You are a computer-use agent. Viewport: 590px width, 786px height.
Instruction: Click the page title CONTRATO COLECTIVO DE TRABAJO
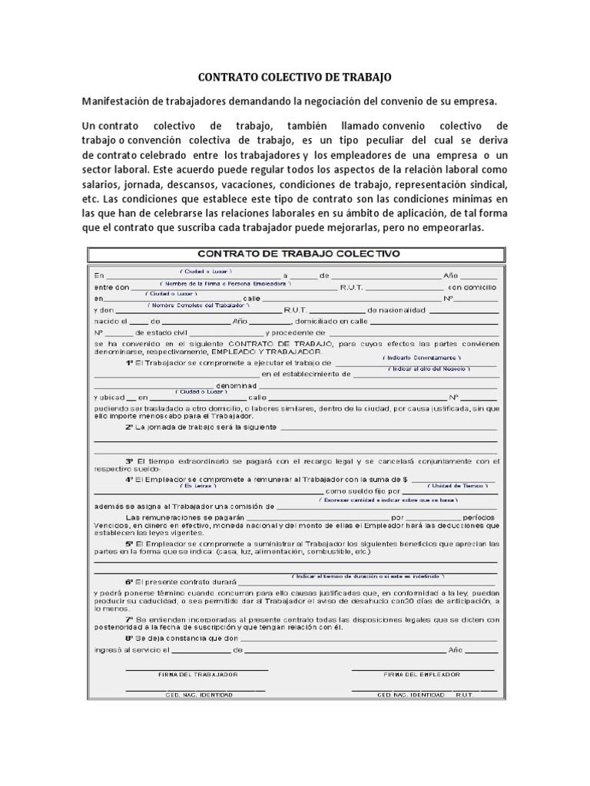click(x=295, y=78)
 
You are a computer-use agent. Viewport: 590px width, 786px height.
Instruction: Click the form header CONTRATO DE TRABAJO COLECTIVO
click(x=299, y=253)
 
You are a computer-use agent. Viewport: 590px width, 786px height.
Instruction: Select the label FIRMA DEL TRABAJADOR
click(x=197, y=674)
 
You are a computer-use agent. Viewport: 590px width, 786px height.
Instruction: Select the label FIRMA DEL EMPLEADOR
click(x=422, y=674)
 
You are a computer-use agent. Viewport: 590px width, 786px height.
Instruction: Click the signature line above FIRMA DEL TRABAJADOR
click(x=197, y=669)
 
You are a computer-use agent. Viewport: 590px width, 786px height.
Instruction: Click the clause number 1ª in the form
click(x=130, y=362)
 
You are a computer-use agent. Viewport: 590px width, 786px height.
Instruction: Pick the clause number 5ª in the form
click(x=130, y=543)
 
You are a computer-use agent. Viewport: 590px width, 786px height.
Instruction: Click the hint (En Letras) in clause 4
click(x=198, y=485)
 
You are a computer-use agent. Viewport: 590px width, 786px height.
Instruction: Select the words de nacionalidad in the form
click(x=396, y=310)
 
